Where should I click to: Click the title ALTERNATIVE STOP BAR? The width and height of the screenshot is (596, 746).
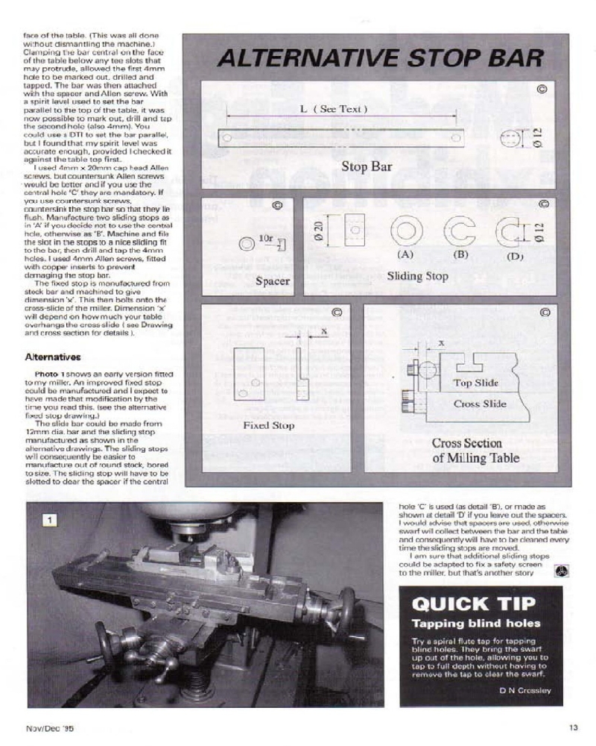379,60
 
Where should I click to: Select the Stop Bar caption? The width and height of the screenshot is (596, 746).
365,166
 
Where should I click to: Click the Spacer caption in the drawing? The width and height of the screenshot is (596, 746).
272,281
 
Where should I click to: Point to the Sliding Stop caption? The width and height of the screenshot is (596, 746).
418,276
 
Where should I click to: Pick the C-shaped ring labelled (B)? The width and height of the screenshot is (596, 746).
460,232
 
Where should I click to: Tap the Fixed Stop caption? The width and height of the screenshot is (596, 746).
268,425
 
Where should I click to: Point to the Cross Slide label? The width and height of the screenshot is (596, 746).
479,404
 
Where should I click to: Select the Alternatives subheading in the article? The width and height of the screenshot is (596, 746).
53,357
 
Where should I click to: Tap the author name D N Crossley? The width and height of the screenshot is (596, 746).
527,690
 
